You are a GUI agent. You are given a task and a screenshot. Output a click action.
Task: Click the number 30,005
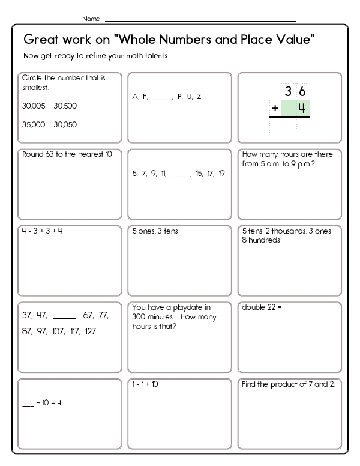[32, 106]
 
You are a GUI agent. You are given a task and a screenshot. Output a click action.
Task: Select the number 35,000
[32, 124]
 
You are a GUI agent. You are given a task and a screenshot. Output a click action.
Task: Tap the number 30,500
[65, 106]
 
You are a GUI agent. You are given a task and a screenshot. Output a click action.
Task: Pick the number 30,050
[65, 124]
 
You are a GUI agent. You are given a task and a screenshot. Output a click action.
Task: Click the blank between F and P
[162, 97]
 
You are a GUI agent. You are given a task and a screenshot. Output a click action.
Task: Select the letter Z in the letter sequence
[199, 97]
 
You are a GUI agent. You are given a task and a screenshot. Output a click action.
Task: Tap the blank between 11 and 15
[180, 174]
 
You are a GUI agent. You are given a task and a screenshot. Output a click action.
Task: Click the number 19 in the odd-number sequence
[221, 174]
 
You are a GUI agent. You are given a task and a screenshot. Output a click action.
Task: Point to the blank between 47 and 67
[65, 315]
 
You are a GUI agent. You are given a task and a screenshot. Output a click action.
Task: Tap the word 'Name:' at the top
[92, 19]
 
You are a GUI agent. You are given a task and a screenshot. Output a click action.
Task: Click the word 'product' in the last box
[284, 384]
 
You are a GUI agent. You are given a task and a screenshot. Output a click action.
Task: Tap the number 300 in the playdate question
[140, 316]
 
